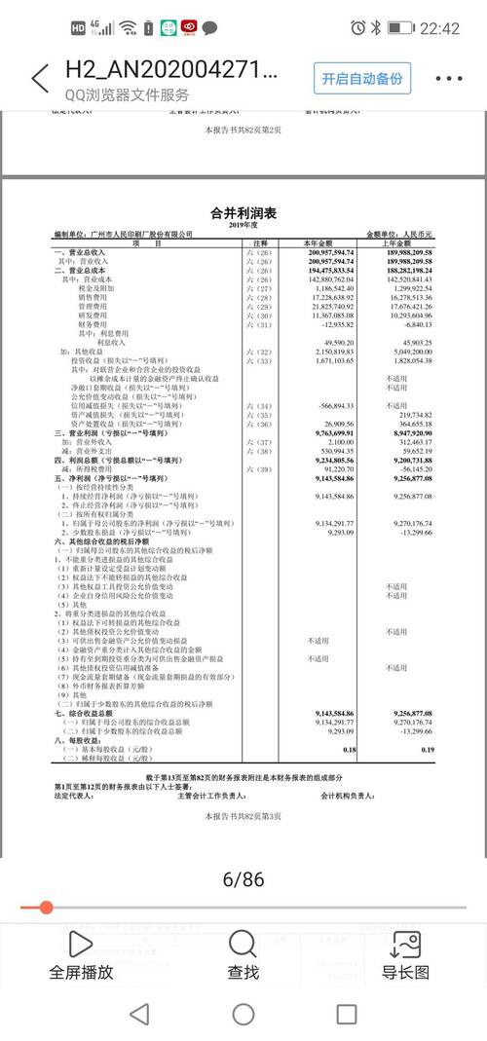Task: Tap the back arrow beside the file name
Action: pyautogui.click(x=39, y=79)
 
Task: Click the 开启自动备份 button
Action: pyautogui.click(x=362, y=79)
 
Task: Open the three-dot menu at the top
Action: pyautogui.click(x=448, y=79)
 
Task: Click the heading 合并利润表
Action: pyautogui.click(x=243, y=213)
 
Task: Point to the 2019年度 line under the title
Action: pyautogui.click(x=243, y=225)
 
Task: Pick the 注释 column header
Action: pyautogui.click(x=260, y=242)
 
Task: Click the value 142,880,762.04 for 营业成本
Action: pyautogui.click(x=328, y=280)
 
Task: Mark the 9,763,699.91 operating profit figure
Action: pyautogui.click(x=329, y=431)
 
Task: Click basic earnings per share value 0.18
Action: pyautogui.click(x=350, y=749)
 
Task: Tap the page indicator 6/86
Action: pyautogui.click(x=243, y=880)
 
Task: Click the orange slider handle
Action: pyautogui.click(x=46, y=908)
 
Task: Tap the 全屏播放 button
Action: pyautogui.click(x=82, y=954)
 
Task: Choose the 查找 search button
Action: pyautogui.click(x=243, y=954)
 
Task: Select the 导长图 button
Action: pyautogui.click(x=405, y=954)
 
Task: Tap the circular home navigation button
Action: pyautogui.click(x=243, y=1014)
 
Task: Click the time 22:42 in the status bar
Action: pyautogui.click(x=439, y=28)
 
